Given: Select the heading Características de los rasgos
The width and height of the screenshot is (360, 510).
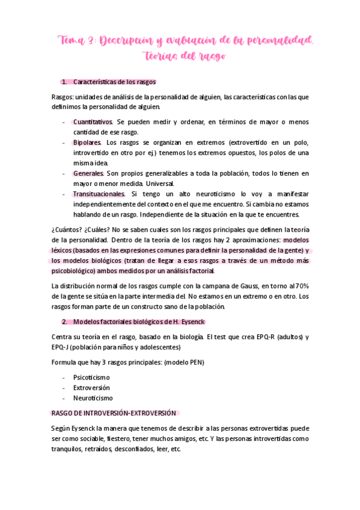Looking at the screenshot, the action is (x=115, y=82).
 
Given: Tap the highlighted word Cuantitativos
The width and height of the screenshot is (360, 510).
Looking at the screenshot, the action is (x=93, y=121).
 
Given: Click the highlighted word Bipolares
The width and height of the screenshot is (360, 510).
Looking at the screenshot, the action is (x=87, y=143).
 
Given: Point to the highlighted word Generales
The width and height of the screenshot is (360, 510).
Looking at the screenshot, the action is (x=88, y=173).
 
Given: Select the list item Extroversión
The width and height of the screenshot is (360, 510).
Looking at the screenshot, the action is (x=92, y=388).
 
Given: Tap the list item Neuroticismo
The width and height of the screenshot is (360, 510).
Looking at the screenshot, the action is (x=93, y=398).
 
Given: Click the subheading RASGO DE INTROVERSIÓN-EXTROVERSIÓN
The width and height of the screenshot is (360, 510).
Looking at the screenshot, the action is (x=114, y=413).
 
